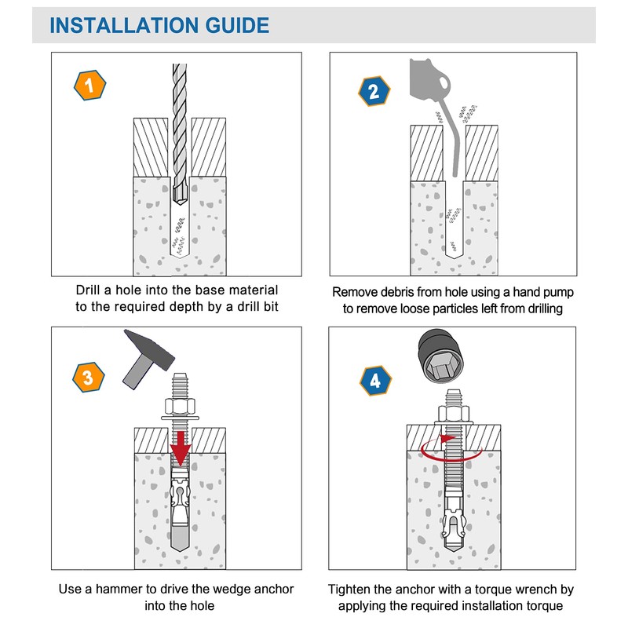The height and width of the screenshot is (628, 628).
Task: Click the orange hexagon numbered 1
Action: [89, 85]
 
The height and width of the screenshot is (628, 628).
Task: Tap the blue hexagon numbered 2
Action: [374, 91]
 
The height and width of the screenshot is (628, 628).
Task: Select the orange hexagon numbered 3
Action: [89, 378]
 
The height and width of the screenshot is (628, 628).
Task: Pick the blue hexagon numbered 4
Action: [375, 381]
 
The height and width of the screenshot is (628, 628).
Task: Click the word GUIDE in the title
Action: [237, 25]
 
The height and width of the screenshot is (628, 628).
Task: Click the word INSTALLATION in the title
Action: [124, 25]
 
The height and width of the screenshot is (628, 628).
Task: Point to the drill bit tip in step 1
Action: [181, 202]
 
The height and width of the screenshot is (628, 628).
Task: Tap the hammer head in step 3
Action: [150, 347]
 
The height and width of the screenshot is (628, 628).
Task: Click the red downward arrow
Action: [181, 447]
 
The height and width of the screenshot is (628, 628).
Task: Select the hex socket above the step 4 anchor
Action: [440, 356]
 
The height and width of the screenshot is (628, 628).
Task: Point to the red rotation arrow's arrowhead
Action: [446, 439]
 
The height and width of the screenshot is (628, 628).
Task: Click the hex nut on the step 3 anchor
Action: [180, 407]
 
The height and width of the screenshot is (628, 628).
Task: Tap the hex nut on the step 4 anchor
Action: [454, 413]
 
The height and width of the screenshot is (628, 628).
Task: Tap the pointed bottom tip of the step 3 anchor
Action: [181, 550]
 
